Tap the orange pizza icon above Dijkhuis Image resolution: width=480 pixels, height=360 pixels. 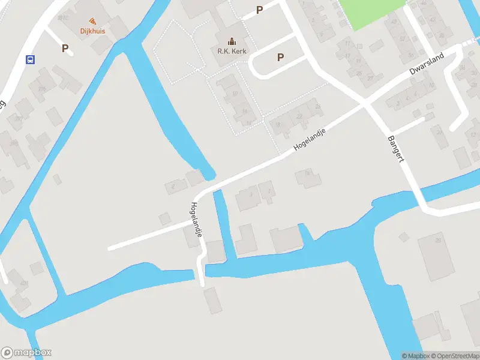coord(92,21)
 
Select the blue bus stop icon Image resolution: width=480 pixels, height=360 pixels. coord(30,59)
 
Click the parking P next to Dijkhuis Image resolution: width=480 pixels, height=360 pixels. coord(65,48)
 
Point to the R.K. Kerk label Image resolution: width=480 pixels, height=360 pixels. coord(232,51)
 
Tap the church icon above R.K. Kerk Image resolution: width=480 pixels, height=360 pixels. coord(232,41)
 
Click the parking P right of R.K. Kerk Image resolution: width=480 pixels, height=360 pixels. coord(280,57)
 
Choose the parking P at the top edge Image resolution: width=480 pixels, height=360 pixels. coord(260,10)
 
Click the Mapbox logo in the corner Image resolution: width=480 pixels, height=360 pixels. coord(26,353)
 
